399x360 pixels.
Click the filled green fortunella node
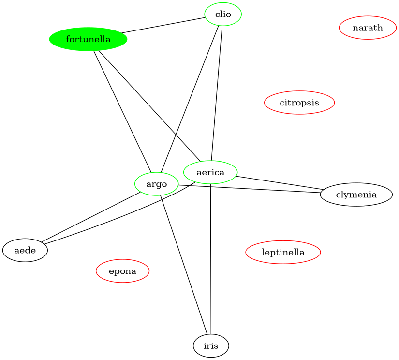coord(88,39)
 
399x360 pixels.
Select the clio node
coord(223,15)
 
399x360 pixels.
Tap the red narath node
coord(368,28)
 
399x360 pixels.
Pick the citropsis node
coord(299,103)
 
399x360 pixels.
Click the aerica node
coord(210,172)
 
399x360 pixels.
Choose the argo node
coord(157,184)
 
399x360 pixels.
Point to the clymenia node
coord(356,195)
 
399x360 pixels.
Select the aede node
coord(25,250)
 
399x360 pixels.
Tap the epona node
coord(122,271)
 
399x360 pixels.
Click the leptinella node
coord(283,252)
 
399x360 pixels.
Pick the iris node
coord(211,346)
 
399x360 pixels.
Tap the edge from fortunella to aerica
coord(148,105)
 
